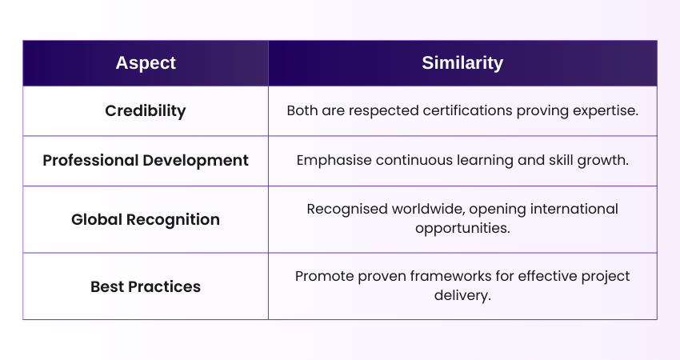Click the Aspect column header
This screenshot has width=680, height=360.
click(x=145, y=63)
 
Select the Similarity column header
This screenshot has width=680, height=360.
click(x=462, y=63)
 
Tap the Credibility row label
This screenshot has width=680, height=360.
click(x=145, y=111)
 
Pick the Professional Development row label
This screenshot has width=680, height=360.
click(x=145, y=160)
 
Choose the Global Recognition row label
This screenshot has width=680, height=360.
click(x=145, y=219)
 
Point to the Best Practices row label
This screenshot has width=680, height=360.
click(x=145, y=286)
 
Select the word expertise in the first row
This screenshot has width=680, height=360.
click(x=607, y=111)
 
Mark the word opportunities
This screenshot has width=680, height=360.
click(x=462, y=228)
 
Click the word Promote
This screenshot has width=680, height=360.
click(x=322, y=276)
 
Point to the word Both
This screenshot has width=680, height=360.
click(x=302, y=111)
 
